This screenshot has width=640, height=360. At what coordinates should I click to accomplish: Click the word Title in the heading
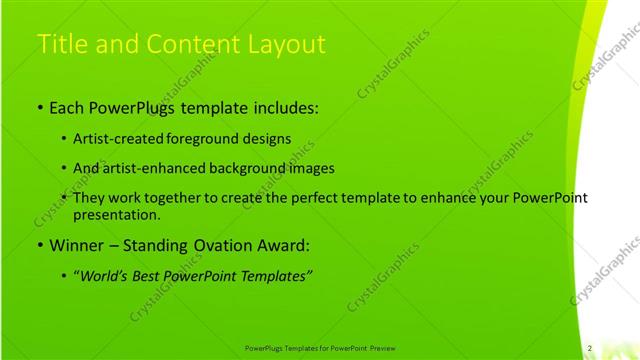(x=59, y=45)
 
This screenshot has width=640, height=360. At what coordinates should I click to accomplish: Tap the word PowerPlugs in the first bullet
(x=139, y=106)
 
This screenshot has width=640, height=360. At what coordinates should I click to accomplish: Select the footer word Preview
(x=383, y=348)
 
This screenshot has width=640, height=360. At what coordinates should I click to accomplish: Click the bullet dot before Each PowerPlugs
(x=39, y=107)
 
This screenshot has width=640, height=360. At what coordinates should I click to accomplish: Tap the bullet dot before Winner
(x=39, y=246)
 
